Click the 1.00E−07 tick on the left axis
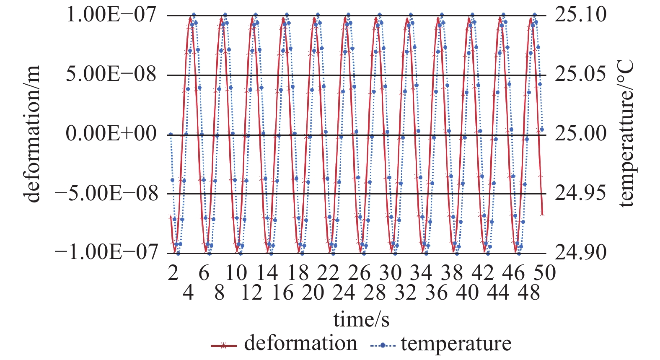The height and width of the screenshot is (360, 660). (x=111, y=15)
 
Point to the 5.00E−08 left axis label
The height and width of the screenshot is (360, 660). (x=111, y=75)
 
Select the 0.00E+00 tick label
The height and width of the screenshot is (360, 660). (x=111, y=134)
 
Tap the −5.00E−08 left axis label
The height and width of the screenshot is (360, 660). (x=107, y=194)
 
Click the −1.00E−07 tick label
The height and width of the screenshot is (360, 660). (x=107, y=253)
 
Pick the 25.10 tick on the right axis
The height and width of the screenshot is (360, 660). (x=580, y=15)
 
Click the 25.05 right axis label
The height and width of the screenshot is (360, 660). (x=580, y=75)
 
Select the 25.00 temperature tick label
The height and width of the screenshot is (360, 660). (x=580, y=134)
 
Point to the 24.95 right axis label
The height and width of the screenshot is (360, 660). (x=580, y=194)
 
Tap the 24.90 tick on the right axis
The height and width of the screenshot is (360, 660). (x=580, y=253)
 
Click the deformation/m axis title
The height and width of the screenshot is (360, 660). (x=33, y=134)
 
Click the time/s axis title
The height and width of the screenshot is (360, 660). (x=361, y=319)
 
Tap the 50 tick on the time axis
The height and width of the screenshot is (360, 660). (x=544, y=273)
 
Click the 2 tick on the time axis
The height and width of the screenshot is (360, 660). (x=173, y=273)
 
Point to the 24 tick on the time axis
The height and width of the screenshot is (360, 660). (x=344, y=292)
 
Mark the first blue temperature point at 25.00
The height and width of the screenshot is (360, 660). (x=171, y=135)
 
